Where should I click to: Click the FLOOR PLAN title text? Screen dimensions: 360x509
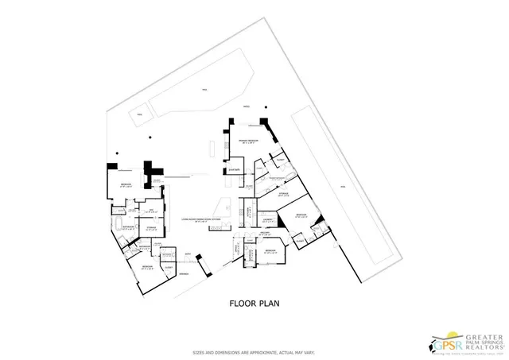254,303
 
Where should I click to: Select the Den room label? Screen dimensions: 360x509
150,210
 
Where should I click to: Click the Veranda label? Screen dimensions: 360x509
184,274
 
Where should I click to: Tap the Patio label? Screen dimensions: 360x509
246,106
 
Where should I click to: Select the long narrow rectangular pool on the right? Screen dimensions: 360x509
343,187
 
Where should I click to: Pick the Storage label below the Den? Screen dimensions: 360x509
151,228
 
